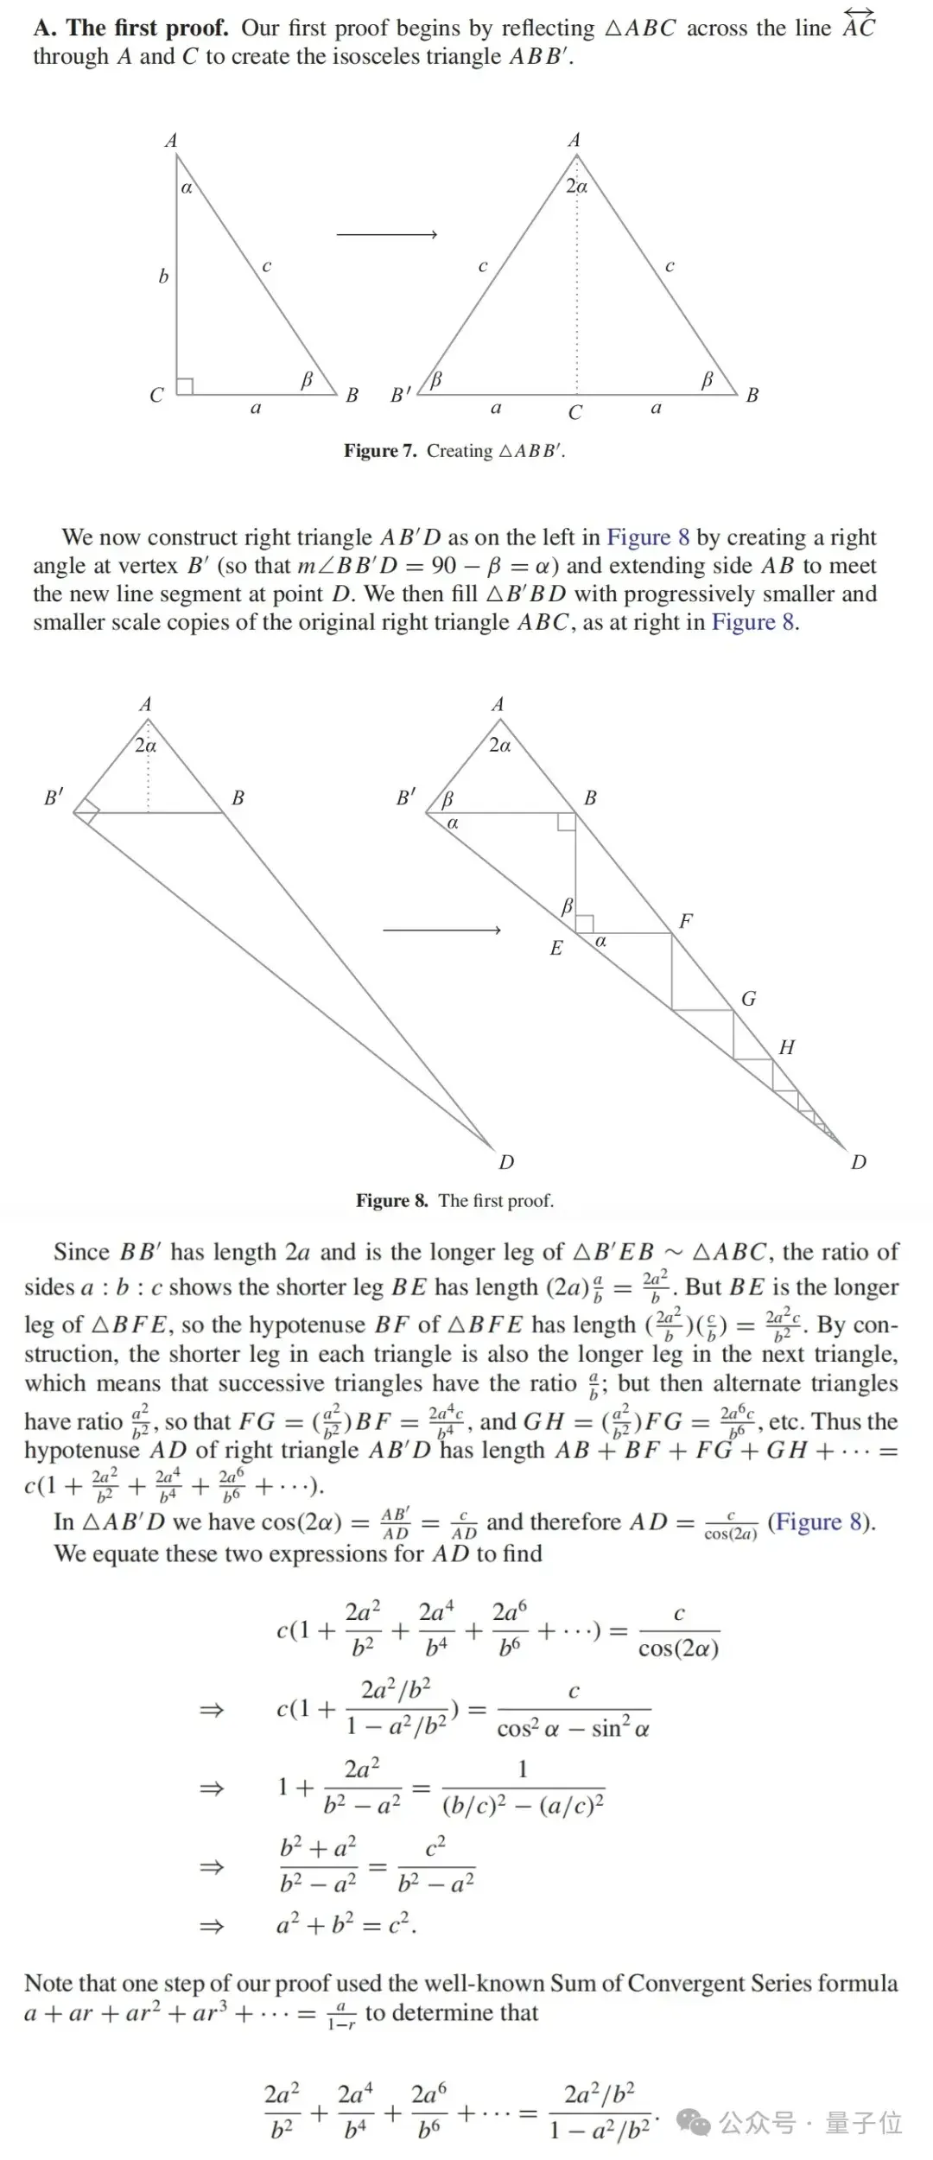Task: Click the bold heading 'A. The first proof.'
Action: coord(131,28)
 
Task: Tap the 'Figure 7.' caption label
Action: coord(380,450)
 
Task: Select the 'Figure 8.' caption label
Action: coord(391,1200)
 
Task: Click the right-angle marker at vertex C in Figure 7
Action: coord(184,385)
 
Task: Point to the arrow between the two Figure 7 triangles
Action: coord(386,234)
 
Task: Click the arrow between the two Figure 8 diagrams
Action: coord(441,930)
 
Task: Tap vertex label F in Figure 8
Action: coord(686,921)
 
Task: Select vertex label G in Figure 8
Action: coord(748,999)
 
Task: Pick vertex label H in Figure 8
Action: coord(786,1047)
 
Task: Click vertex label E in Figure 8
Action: coord(556,948)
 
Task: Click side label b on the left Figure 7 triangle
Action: coord(163,276)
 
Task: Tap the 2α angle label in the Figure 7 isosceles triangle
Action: coord(576,186)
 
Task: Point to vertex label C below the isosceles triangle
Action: coord(575,413)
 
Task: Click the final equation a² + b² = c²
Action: coord(346,1925)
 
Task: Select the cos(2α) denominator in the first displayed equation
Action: coord(678,1649)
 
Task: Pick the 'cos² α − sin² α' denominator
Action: coord(573,1729)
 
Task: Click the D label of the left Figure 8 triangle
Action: coord(506,1162)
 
